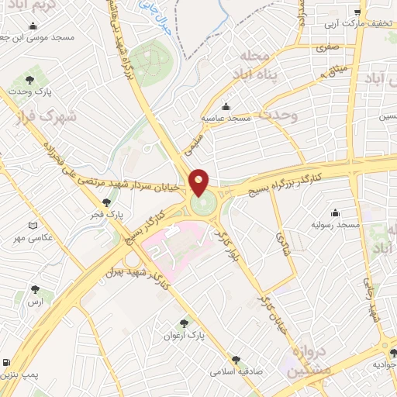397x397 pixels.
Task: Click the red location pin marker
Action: click(x=199, y=182)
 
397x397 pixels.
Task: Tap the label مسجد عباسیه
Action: click(x=224, y=119)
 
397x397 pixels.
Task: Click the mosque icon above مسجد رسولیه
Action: click(x=335, y=212)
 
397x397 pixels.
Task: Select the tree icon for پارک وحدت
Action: click(x=29, y=79)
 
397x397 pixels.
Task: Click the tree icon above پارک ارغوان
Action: click(x=184, y=323)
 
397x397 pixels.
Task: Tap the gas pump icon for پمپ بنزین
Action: click(x=6, y=363)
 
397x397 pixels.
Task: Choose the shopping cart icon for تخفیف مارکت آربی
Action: click(x=357, y=12)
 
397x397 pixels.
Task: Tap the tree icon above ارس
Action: click(x=34, y=289)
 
